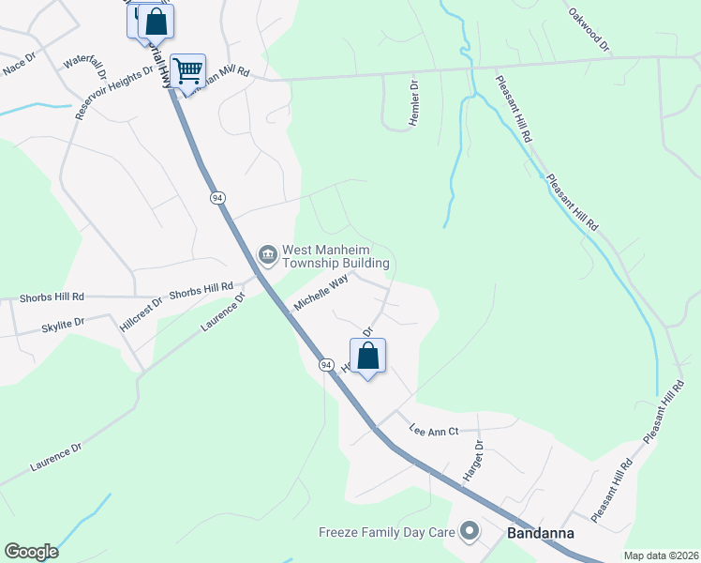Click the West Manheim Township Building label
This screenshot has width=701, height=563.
(x=336, y=257)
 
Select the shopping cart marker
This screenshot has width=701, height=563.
(x=188, y=69)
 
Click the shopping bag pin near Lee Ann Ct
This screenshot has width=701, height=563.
(x=368, y=357)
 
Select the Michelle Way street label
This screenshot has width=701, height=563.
(x=321, y=293)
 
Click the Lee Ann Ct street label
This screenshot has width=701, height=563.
(x=433, y=431)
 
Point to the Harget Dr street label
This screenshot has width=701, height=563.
(x=470, y=462)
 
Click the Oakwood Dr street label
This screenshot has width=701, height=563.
(x=589, y=30)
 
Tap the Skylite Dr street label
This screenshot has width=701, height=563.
(x=64, y=322)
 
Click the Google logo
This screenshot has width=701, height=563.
(x=31, y=552)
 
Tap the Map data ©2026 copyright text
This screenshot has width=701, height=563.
(x=660, y=555)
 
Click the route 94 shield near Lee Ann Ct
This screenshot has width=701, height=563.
(x=326, y=364)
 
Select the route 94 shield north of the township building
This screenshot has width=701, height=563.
(x=217, y=198)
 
